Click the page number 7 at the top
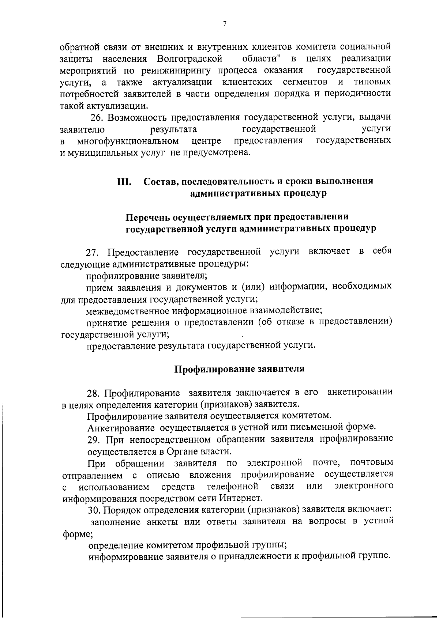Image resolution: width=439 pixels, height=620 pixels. pos(225,24)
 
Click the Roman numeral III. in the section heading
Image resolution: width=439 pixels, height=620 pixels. pos(124,181)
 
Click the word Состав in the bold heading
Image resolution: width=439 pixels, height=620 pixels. pos(160,181)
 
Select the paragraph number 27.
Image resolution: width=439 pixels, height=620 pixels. pos(93,252)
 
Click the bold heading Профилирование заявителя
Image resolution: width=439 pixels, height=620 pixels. pos(239,369)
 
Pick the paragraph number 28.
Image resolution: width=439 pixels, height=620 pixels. pos(94,393)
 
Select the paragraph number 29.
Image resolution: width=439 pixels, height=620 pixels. pos(94,439)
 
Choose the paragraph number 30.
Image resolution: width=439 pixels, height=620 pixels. pos(94,510)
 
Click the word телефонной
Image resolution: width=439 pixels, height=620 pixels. pos(233,486)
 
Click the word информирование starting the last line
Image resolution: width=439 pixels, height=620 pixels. pos(126,556)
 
